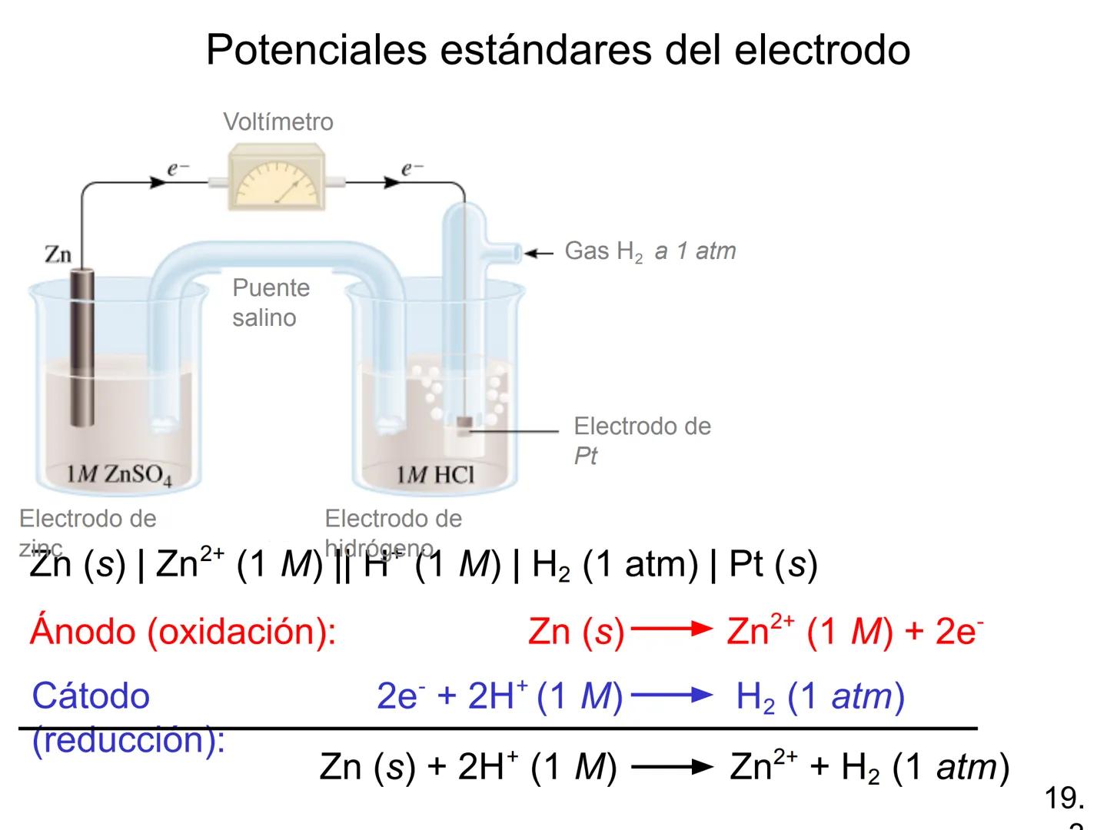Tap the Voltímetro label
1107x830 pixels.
point(278,121)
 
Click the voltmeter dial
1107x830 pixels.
point(276,183)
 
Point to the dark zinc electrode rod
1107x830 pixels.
point(82,346)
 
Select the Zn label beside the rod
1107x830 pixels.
point(58,254)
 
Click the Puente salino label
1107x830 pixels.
point(271,302)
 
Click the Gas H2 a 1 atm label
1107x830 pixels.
point(650,251)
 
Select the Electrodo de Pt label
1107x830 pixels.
point(642,440)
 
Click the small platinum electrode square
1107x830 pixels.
point(464,423)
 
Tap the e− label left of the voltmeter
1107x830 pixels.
point(178,168)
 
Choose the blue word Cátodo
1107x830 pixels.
point(91,696)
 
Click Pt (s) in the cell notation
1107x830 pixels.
point(772,565)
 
